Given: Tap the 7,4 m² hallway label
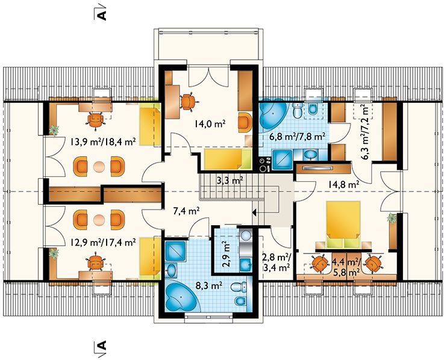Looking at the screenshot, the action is coord(186,211).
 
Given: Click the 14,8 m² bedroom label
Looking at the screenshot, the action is coord(343,185).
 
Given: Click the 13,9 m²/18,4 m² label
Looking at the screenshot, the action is coord(103,141).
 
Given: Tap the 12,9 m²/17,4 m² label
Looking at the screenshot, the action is coord(103,243).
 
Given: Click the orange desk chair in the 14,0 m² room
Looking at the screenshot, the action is coord(187,101).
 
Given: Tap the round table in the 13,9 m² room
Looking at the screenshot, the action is coord(99,166).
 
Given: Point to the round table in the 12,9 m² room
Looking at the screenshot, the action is coord(99,219).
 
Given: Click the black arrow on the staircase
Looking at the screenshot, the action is coord(255,212).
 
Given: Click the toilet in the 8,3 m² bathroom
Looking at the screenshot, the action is coord(239,287).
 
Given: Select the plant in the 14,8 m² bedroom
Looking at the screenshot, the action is coord(392,218).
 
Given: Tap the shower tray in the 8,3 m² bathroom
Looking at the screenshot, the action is coord(176,251).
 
